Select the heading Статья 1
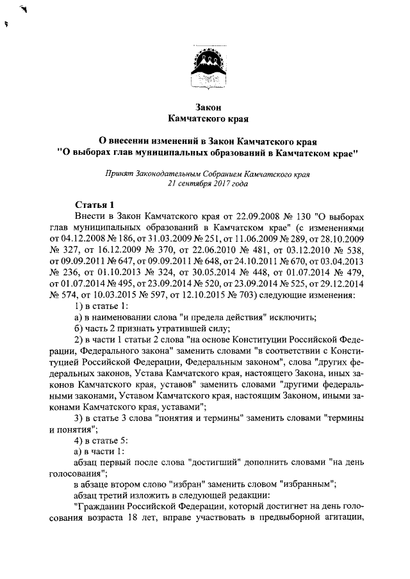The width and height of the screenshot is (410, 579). click(94, 205)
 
